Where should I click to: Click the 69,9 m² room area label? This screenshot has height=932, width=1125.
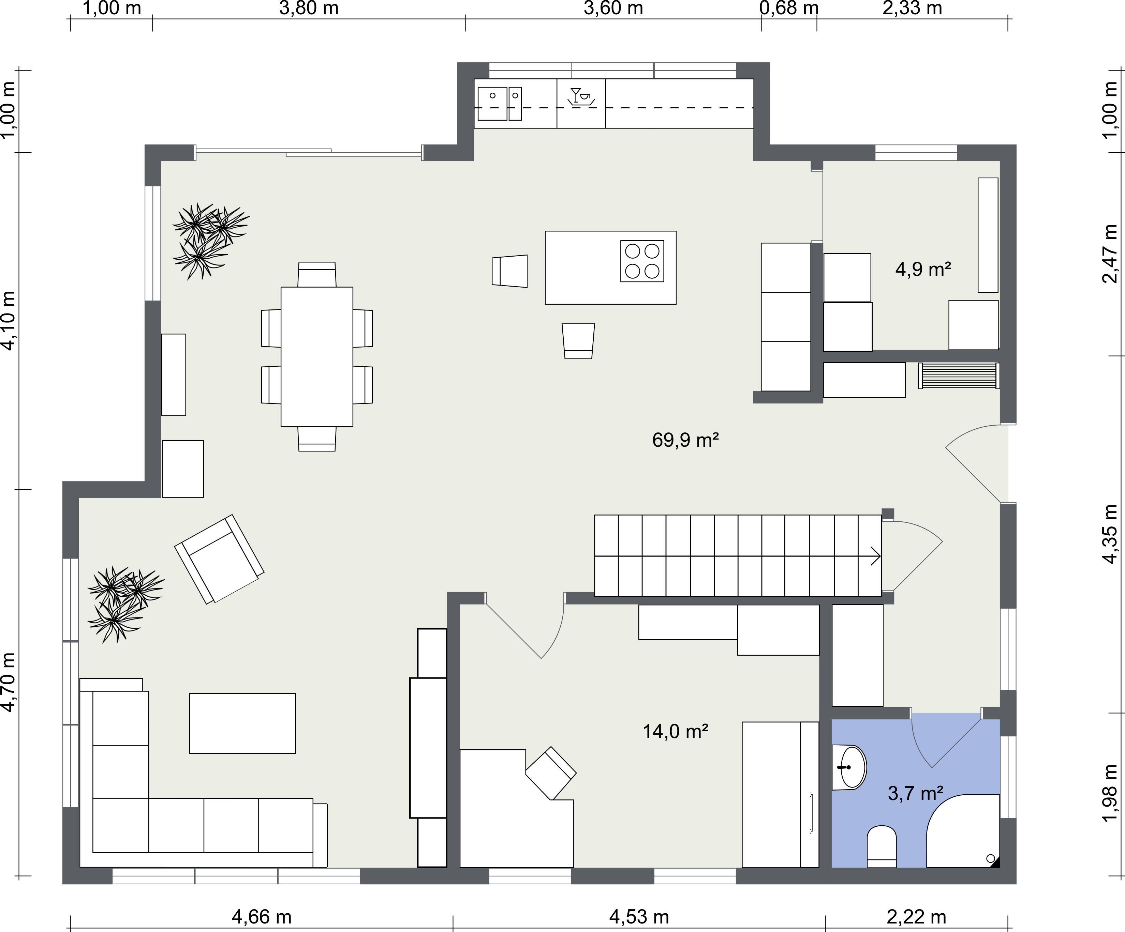coord(685,440)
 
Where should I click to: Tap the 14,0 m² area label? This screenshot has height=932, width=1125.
coord(676,731)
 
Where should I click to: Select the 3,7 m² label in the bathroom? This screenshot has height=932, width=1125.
coord(916,793)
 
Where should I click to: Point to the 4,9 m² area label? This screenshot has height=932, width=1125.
coord(923,269)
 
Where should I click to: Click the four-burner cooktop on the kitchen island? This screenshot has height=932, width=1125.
coord(642,261)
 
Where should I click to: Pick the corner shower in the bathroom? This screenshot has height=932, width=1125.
coord(963,831)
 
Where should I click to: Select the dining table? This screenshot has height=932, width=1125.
coord(316,356)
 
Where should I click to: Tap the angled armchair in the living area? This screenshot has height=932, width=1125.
coord(219,560)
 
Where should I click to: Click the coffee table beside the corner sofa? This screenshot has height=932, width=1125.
coord(242,723)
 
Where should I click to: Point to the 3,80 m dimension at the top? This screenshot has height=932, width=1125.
coord(309,9)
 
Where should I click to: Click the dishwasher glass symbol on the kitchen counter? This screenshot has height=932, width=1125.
coord(581,96)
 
